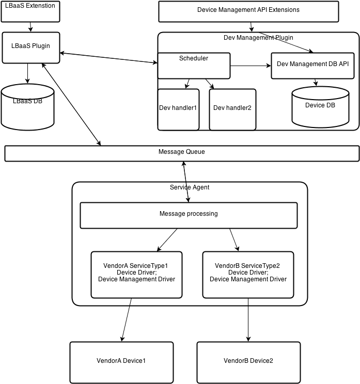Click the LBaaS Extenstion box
30,11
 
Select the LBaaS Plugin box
31,47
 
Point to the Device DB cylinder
320,107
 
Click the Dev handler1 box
178,109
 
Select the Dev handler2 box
232,109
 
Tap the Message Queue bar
181,153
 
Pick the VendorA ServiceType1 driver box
136,275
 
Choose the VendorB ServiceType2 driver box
248,275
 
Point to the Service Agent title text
190,187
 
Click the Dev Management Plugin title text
258,38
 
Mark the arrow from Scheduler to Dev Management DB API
251,66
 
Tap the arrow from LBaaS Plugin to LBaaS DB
27,73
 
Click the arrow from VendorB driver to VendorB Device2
248,319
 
